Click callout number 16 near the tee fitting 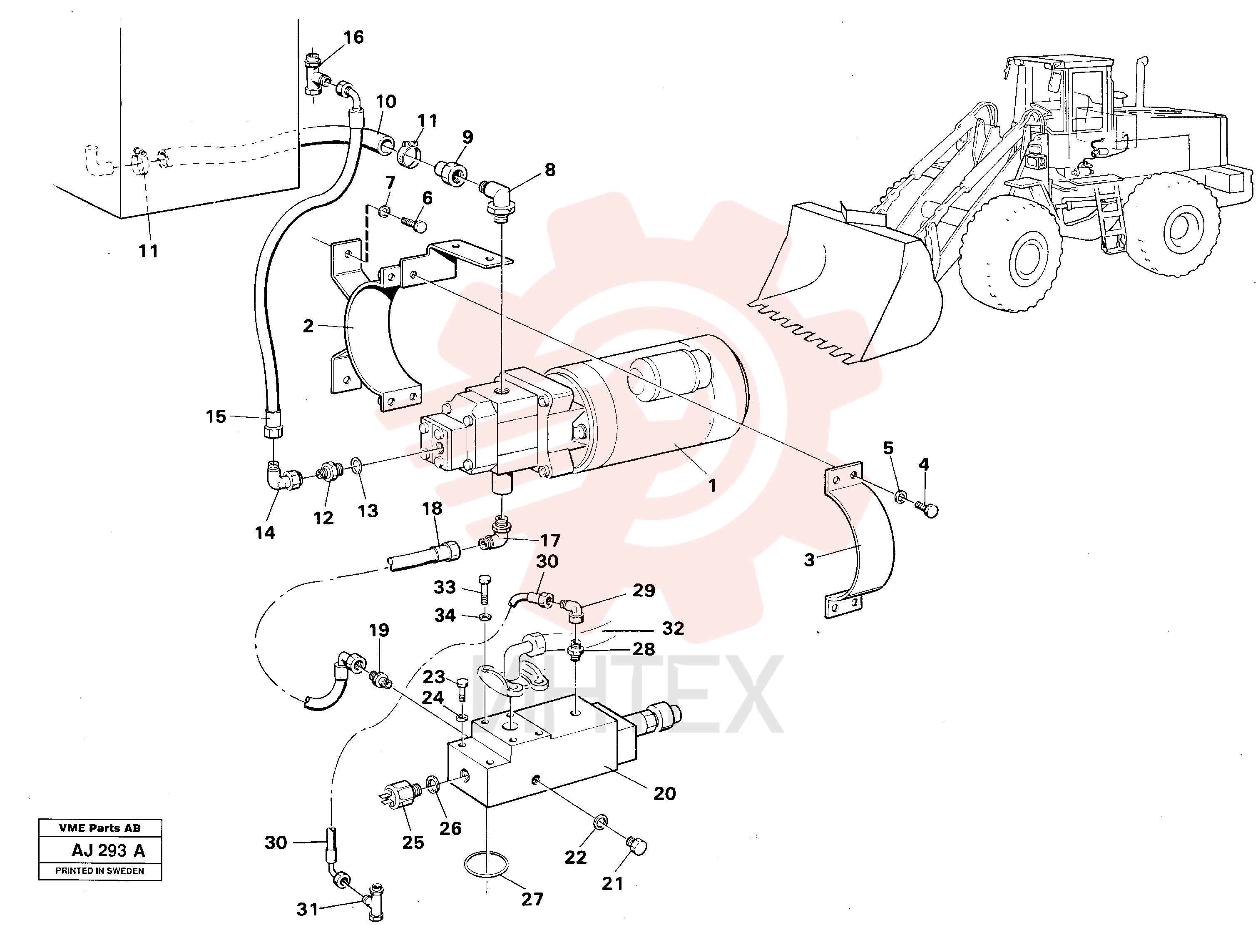pos(353,37)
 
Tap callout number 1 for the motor pos(712,486)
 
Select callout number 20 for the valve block pos(665,793)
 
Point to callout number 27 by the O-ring pos(532,899)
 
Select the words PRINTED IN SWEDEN pos(99,871)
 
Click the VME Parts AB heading pos(99,828)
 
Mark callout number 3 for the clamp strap pos(809,560)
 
